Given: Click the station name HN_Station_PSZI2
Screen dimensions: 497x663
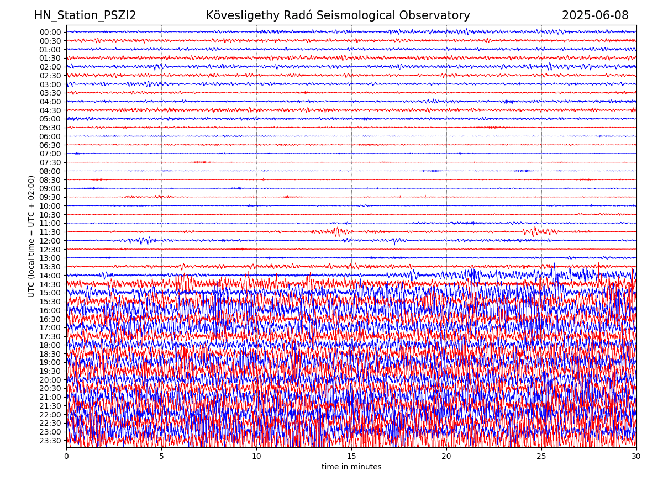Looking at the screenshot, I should pos(85,16).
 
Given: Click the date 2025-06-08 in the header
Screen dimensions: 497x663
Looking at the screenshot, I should pos(595,16).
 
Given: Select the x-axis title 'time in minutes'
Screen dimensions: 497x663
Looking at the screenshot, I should pos(351,467).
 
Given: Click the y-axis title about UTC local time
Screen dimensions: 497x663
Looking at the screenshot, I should pos(31,236).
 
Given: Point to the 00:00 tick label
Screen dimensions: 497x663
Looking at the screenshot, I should pos(50,32).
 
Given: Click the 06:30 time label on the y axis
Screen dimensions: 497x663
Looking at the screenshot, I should pos(50,145).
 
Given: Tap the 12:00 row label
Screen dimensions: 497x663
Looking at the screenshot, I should pos(50,241).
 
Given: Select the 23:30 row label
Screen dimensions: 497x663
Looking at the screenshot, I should pos(50,441).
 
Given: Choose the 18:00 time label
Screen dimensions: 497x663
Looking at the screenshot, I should pos(50,345).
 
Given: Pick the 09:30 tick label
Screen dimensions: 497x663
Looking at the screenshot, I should pos(50,197).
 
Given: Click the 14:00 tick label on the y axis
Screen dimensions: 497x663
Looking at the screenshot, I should pos(50,276).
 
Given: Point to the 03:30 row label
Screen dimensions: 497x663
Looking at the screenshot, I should pos(50,93).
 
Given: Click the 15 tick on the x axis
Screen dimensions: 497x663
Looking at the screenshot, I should pos(351,457).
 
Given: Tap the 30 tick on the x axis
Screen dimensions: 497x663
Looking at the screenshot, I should pos(636,457).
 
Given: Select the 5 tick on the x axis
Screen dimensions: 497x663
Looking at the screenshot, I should pos(161,457).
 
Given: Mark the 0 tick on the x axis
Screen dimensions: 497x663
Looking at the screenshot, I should pos(66,457).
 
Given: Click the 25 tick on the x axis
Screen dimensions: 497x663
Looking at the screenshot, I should pos(541,457).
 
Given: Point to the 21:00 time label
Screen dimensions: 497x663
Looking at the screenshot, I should pos(50,397).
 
